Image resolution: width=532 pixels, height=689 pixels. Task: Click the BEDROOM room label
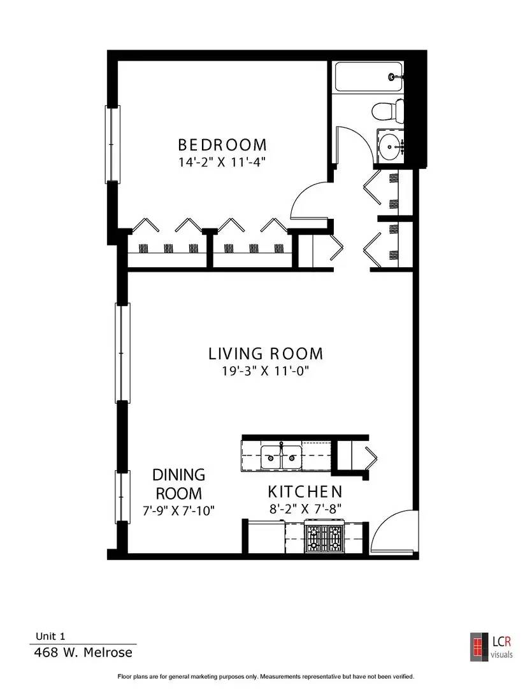222,145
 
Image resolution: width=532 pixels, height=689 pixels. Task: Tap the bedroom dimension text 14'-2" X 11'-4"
222,162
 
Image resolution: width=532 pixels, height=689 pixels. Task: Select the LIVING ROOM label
266,353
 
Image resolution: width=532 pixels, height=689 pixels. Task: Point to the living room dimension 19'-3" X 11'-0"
266,371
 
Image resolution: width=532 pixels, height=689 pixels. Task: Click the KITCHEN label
305,491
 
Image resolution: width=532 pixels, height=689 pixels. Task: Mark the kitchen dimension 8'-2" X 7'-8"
306,509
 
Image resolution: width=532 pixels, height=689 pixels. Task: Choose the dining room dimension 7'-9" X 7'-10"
178,510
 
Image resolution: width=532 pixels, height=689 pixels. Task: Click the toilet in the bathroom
388,110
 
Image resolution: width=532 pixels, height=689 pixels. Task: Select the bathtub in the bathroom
369,77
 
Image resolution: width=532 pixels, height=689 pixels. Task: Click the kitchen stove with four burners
324,538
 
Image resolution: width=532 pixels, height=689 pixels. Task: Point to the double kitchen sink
282,457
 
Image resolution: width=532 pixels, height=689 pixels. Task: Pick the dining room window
122,497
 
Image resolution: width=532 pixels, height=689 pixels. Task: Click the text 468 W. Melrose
83,652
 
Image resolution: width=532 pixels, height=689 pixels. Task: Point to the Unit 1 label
50,636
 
